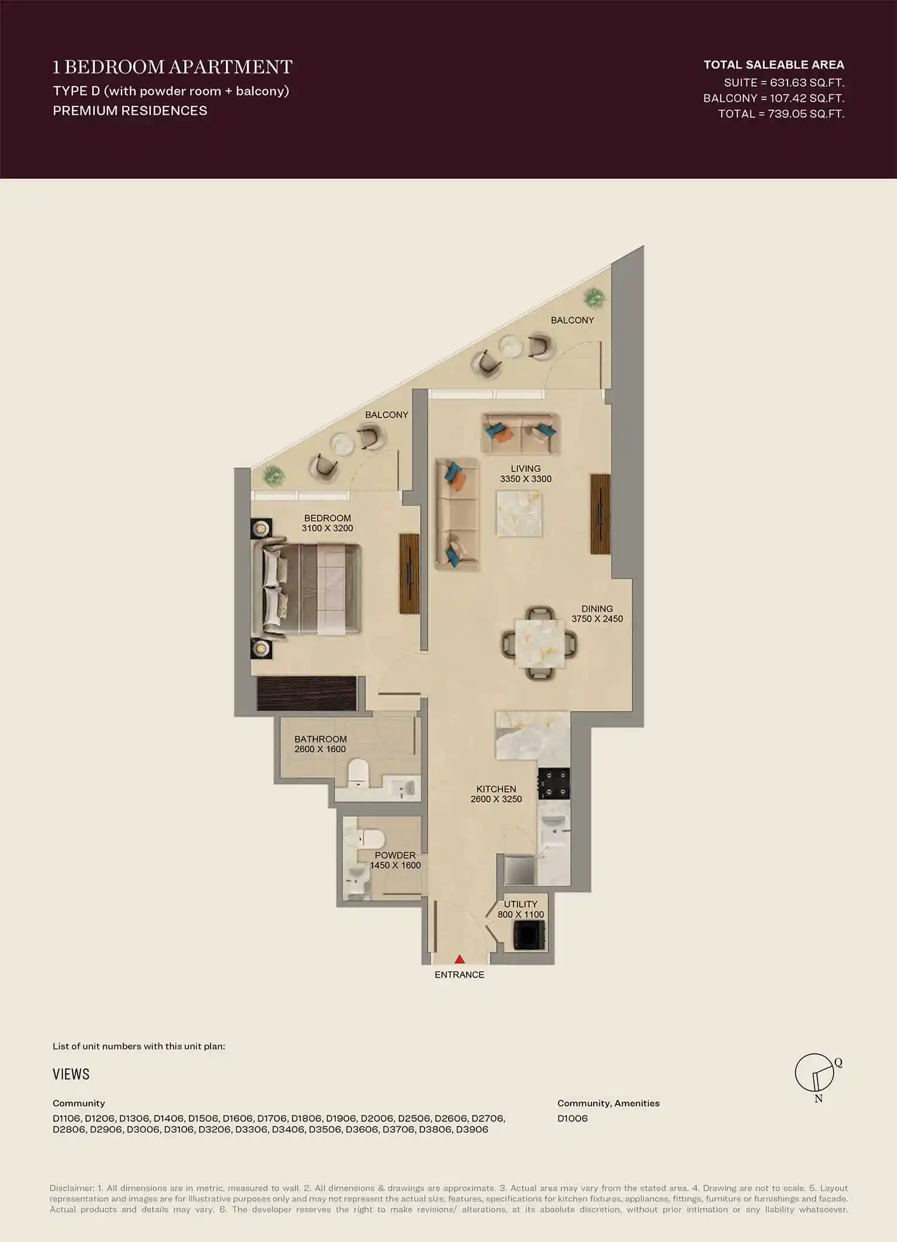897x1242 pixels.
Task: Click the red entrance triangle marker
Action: tap(459, 959)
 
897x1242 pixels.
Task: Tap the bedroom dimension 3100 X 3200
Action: tap(327, 528)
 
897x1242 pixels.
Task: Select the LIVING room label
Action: tap(526, 468)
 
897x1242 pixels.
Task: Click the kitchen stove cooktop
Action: tap(553, 784)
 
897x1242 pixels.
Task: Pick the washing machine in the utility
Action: tap(529, 936)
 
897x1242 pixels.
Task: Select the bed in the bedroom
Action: tap(308, 589)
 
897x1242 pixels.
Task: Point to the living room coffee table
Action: tap(519, 513)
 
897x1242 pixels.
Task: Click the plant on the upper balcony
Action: tap(594, 297)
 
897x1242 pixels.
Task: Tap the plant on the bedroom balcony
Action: tap(274, 476)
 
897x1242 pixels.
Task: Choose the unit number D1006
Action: tap(572, 1118)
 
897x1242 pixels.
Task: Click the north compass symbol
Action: tap(815, 1074)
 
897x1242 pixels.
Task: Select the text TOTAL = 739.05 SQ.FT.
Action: tap(781, 114)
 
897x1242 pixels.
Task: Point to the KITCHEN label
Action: tap(496, 789)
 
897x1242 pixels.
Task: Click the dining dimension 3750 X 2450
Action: tap(597, 619)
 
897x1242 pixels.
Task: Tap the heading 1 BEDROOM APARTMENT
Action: tap(172, 66)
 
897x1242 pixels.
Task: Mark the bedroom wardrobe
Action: tap(307, 693)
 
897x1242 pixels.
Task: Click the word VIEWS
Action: tap(71, 1074)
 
